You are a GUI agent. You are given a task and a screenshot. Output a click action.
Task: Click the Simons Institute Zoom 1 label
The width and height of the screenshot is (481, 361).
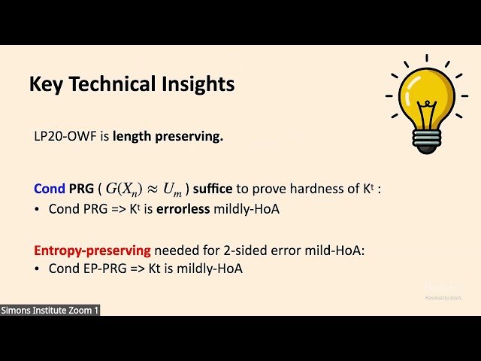tap(50, 310)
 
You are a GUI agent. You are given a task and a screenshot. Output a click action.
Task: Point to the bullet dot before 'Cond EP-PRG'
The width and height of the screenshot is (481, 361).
tap(38, 269)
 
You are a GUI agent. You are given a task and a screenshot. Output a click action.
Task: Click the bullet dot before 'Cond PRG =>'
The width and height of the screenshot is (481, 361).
tap(38, 208)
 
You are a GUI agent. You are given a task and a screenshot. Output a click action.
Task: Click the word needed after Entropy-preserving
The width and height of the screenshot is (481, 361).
tap(174, 249)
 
